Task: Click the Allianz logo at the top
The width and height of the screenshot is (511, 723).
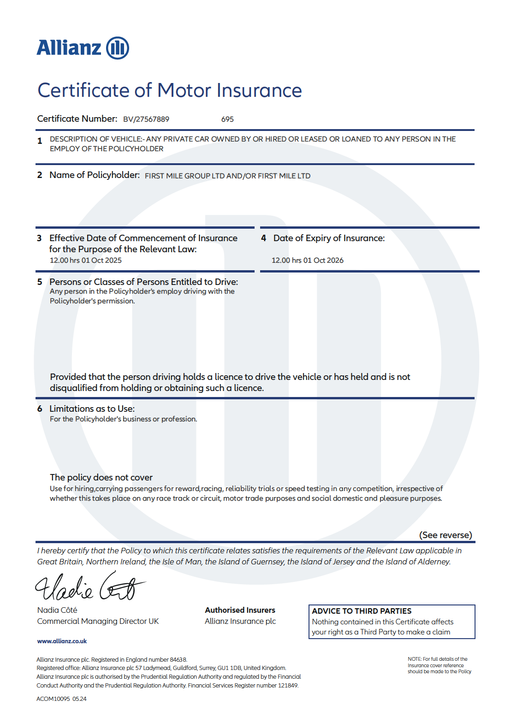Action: tap(83, 48)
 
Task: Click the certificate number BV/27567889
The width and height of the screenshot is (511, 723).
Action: tap(146, 119)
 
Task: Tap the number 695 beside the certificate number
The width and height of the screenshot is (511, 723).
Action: tap(227, 119)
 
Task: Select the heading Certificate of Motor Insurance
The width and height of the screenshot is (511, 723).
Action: tap(169, 90)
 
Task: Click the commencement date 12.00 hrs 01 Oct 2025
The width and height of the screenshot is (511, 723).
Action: tap(86, 261)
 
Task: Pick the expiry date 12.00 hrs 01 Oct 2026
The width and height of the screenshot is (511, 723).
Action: tap(308, 261)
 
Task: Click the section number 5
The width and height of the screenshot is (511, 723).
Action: tap(40, 282)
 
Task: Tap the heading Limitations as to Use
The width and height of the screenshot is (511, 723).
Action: tap(92, 409)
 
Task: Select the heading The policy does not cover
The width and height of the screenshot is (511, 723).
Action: tap(101, 478)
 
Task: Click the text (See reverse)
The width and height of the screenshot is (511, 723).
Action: tap(446, 535)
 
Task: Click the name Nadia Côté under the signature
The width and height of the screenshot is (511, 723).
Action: tap(57, 610)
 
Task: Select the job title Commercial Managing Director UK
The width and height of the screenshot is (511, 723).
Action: tap(98, 622)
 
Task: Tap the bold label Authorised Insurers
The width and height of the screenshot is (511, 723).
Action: tap(240, 610)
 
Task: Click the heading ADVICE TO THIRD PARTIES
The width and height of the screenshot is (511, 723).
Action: tap(362, 611)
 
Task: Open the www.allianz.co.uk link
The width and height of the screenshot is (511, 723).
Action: tap(62, 641)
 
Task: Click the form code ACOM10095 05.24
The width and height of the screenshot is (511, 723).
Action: tap(61, 699)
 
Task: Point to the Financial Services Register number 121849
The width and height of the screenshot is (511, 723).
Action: tap(288, 686)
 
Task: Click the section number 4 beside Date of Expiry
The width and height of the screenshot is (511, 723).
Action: tap(263, 238)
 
